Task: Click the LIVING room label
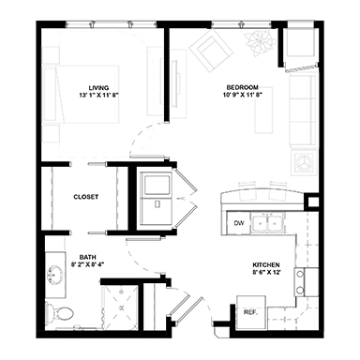(98, 88)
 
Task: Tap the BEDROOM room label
(243, 87)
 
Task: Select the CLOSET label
(86, 197)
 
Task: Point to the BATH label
(87, 258)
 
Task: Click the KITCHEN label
(266, 265)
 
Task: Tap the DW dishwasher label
(239, 223)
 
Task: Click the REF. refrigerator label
(251, 312)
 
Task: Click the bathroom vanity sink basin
(55, 275)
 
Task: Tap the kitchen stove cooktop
(300, 282)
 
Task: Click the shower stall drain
(121, 307)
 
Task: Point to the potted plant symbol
(260, 43)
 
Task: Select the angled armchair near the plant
(211, 51)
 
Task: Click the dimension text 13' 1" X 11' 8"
(99, 96)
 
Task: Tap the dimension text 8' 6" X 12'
(266, 272)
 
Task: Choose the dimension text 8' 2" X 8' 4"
(87, 264)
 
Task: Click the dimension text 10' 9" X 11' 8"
(243, 95)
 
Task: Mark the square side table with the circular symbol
(304, 162)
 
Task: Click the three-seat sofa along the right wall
(302, 111)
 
